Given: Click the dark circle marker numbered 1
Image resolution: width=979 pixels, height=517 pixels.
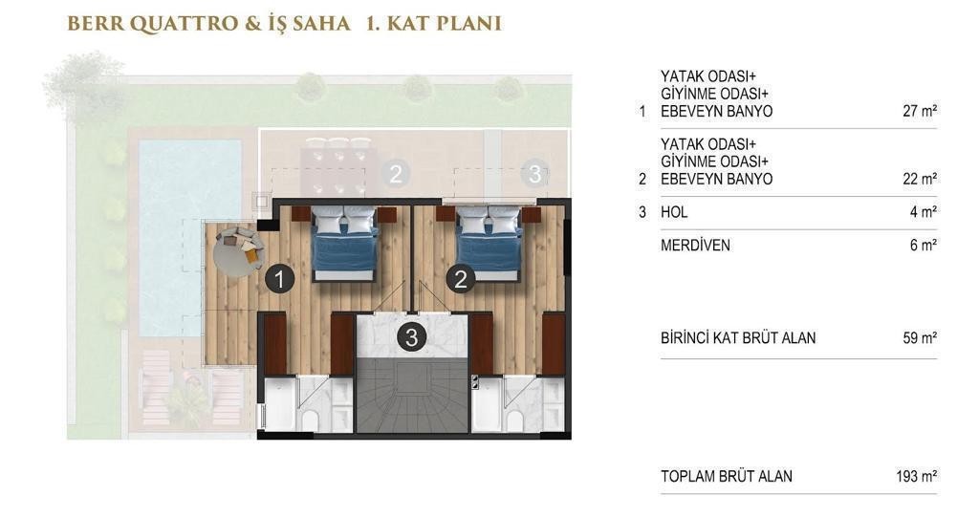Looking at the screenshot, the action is (x=280, y=279).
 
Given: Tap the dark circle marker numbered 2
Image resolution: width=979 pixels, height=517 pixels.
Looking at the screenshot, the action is (x=461, y=279).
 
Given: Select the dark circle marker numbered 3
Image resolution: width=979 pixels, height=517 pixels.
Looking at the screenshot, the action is (x=411, y=337).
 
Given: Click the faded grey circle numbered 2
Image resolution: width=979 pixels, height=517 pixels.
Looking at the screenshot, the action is (x=395, y=174).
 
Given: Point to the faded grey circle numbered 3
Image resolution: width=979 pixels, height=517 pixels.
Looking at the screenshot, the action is (x=535, y=174).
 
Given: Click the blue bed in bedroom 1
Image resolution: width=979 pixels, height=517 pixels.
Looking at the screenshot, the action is (x=345, y=244).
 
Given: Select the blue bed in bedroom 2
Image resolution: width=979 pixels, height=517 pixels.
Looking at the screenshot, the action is (x=489, y=244).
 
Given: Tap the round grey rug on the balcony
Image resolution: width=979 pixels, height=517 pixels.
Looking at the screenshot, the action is (x=239, y=252).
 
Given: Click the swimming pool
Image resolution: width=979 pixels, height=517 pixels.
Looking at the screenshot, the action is (x=190, y=238).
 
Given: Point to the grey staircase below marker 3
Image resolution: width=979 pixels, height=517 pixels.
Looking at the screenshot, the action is (x=412, y=395).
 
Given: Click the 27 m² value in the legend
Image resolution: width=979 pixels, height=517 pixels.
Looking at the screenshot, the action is (x=920, y=111).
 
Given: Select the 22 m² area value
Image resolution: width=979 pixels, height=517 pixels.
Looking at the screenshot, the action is (x=920, y=180).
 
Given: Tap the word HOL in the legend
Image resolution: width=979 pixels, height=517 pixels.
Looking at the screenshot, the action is (x=674, y=212).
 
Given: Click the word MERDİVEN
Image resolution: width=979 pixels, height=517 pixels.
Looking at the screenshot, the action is (x=695, y=245).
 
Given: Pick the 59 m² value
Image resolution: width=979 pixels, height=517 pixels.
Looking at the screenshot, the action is (x=920, y=338).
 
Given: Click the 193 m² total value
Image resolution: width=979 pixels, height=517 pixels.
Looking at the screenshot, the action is (x=917, y=477).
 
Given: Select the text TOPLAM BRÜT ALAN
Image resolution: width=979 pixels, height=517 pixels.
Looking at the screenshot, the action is (x=727, y=477).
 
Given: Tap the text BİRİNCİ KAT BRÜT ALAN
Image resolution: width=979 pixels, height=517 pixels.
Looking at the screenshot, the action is (x=738, y=338).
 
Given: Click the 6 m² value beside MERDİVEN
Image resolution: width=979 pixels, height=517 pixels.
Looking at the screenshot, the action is (x=924, y=245).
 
